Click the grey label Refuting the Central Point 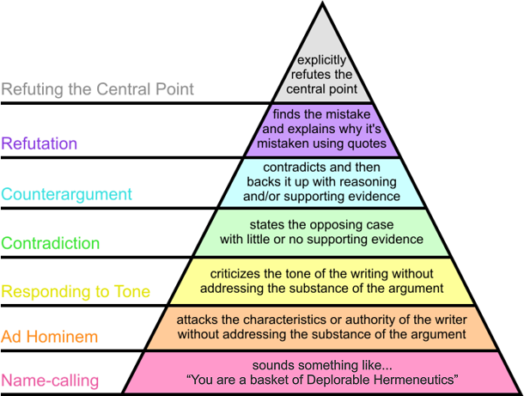click(x=97, y=89)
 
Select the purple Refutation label click(x=40, y=143)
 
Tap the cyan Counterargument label click(x=67, y=194)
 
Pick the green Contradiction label click(x=51, y=243)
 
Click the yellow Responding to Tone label click(x=76, y=291)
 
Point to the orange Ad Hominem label click(x=50, y=336)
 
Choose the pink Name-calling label click(x=50, y=380)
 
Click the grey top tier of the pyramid click(x=322, y=60)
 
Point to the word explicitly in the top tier click(x=322, y=60)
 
